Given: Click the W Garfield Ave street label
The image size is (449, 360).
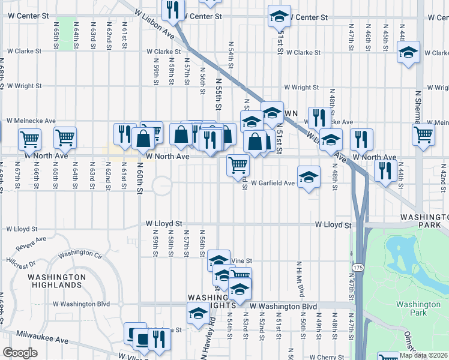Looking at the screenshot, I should point(273,182).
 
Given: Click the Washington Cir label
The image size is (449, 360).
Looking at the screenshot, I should point(81,254).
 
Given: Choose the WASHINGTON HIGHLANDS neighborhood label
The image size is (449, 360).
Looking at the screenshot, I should point(57,281).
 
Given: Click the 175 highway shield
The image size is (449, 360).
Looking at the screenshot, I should point(358,266).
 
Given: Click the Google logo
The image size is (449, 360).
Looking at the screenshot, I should point(20,353).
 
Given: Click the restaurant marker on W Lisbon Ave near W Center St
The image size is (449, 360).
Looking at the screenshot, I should point(172,10).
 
